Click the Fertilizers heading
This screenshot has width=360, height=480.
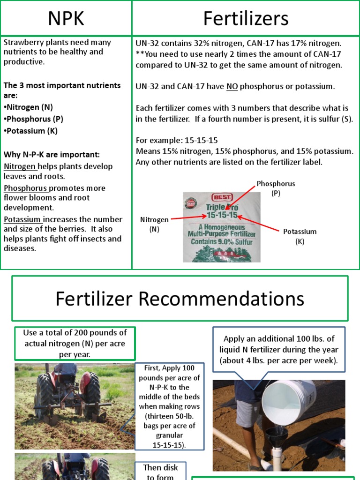point(246,18)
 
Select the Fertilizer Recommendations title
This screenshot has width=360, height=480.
point(180,299)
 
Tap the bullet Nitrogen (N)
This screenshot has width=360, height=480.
point(31,107)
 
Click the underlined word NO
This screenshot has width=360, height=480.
point(232,86)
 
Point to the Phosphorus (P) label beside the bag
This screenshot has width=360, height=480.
point(276,188)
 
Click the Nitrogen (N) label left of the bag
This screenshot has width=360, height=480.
point(154,224)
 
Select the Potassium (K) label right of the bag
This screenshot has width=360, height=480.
point(300,236)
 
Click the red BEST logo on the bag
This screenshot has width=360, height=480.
point(222,197)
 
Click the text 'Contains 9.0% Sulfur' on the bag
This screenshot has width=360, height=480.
point(222,242)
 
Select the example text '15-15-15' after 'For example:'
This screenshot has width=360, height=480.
point(202,140)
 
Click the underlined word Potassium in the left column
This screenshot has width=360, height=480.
point(23,219)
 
